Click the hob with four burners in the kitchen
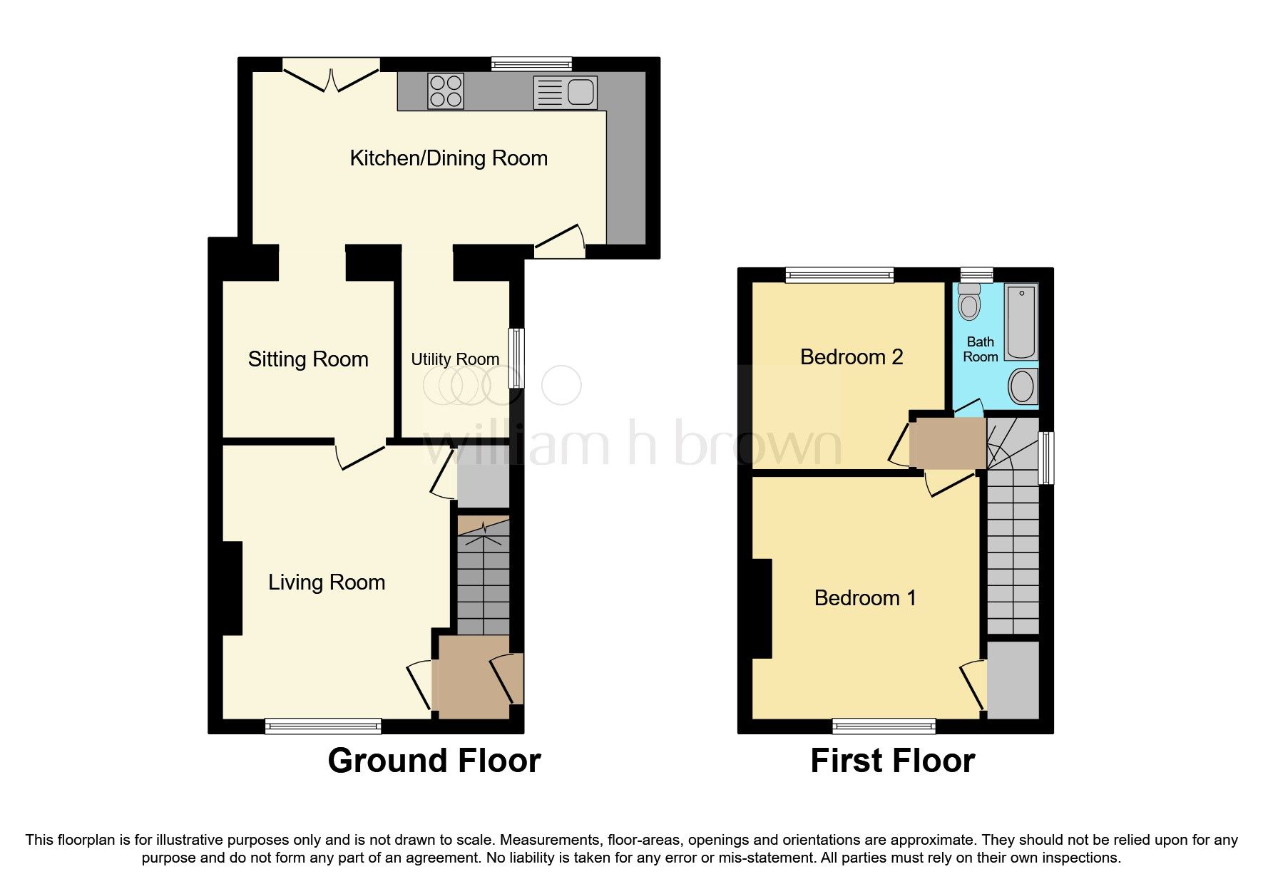click(x=446, y=91)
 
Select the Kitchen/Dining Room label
click(x=449, y=158)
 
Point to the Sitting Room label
click(x=308, y=359)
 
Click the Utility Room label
click(x=455, y=359)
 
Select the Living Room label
click(x=327, y=582)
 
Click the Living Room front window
click(x=323, y=726)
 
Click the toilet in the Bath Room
click(x=968, y=301)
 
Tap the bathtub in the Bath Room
click(x=1021, y=322)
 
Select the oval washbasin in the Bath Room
click(x=1023, y=386)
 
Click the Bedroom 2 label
click(x=852, y=356)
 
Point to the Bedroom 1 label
click(x=865, y=597)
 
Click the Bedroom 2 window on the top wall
click(x=840, y=274)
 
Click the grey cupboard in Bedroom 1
click(x=1013, y=679)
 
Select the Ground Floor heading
click(x=434, y=761)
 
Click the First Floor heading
click(x=892, y=761)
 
